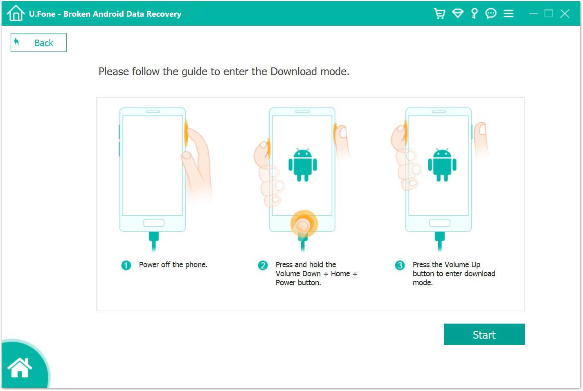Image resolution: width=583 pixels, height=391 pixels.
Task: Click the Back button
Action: pos(38,43)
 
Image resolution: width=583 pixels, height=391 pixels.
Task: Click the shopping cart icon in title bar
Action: pos(439,13)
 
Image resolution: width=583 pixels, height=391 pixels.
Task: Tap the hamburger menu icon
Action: pos(508,13)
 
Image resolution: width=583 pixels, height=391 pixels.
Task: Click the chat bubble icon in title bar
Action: pos(491,13)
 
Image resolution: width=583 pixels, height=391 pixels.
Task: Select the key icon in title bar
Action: pos(474,13)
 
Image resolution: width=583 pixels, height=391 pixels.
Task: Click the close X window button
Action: pos(565,13)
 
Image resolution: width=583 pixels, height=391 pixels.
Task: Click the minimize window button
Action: pos(533,13)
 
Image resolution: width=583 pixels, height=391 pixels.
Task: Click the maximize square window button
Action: pos(549,13)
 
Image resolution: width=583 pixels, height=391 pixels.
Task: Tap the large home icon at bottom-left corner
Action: pos(20,367)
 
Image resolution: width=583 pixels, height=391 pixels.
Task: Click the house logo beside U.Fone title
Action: pos(16,13)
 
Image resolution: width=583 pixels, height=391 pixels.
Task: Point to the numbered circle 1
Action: pos(126,265)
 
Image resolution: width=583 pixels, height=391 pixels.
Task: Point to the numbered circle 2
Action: pos(263,265)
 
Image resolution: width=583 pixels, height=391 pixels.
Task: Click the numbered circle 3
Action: pos(400,265)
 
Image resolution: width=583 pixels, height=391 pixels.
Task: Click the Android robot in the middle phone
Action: pos(303,164)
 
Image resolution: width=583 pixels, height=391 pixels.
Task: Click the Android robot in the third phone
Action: pos(442,164)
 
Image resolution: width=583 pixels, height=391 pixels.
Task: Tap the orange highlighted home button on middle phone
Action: pos(304,223)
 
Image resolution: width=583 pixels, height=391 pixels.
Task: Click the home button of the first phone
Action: pos(153,223)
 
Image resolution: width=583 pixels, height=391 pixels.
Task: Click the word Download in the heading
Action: pos(293,71)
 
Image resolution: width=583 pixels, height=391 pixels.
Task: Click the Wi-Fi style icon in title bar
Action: pos(457,13)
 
